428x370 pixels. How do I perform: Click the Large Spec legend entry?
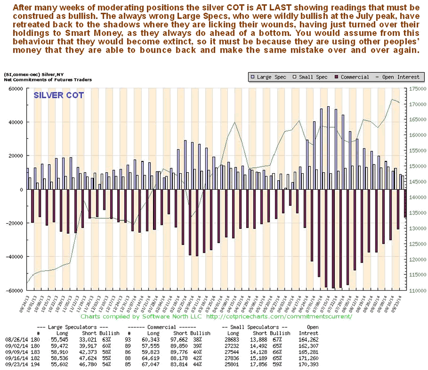[x=269, y=77]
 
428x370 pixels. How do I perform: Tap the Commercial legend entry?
[x=348, y=77]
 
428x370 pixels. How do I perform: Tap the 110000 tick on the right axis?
[x=417, y=291]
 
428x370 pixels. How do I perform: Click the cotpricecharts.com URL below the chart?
[x=279, y=316]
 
